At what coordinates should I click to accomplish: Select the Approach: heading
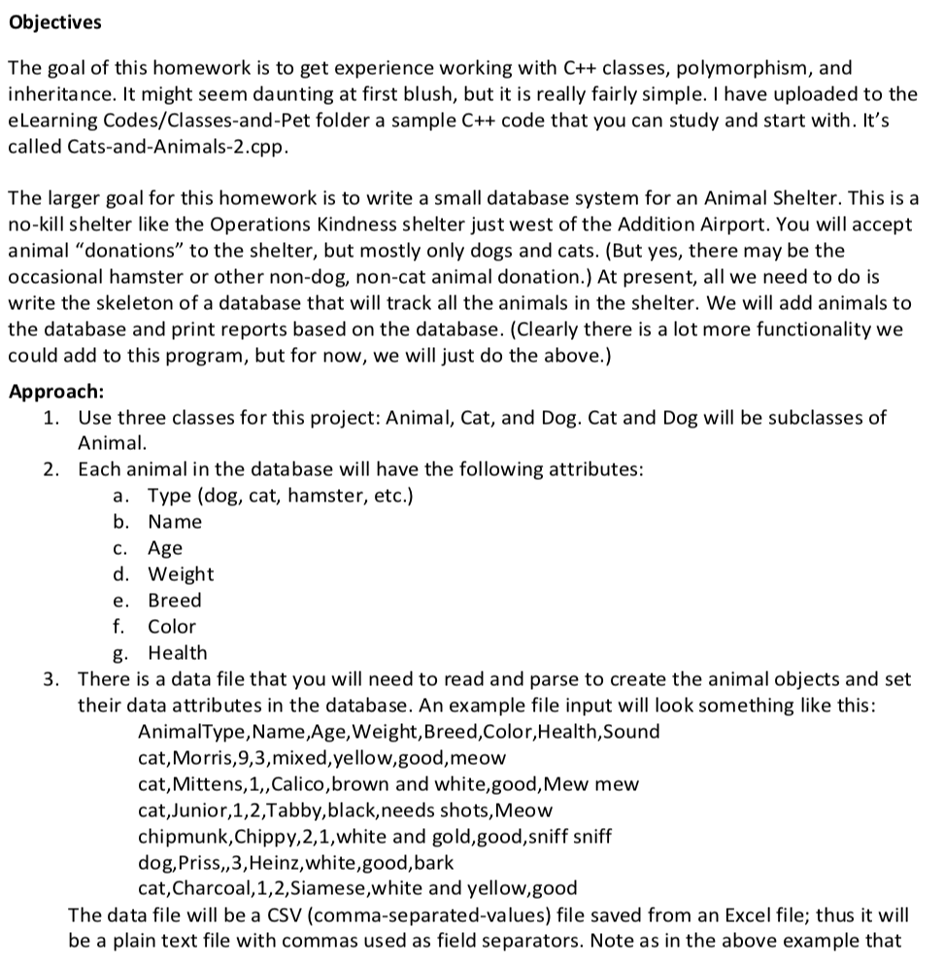pyautogui.click(x=55, y=392)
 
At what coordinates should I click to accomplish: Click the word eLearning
pyautogui.click(x=51, y=121)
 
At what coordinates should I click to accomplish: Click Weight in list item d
pyautogui.click(x=181, y=574)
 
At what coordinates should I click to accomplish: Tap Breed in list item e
pyautogui.click(x=175, y=601)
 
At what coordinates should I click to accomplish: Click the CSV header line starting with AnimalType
pyautogui.click(x=398, y=731)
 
